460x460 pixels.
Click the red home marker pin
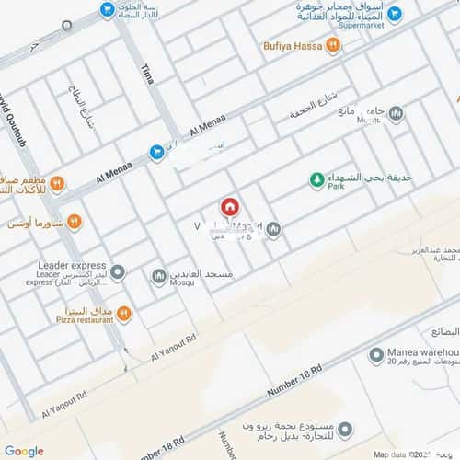click(228, 207)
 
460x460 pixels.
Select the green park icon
click(316, 179)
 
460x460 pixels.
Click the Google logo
click(24, 451)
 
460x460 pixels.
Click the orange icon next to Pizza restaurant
click(123, 315)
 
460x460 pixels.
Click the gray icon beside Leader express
click(118, 273)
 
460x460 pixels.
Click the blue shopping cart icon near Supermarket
click(395, 16)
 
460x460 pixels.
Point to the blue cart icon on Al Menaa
click(157, 152)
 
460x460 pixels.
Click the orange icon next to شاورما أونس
click(74, 222)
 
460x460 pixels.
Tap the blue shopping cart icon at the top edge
click(108, 9)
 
